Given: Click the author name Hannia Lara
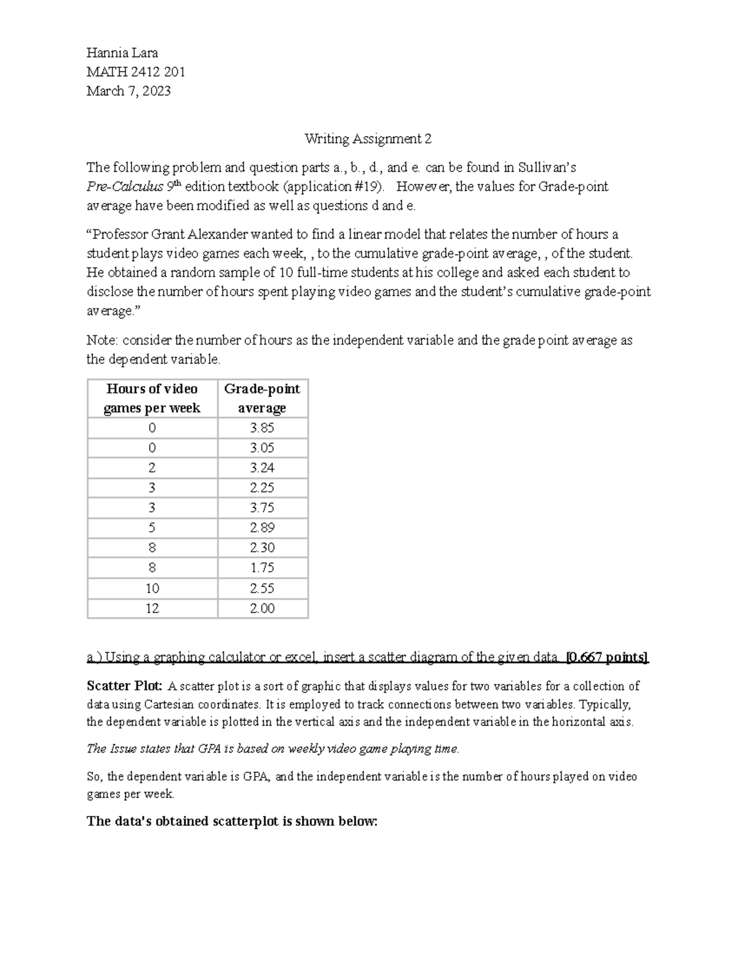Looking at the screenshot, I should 122,53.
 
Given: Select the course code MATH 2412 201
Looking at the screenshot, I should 136,72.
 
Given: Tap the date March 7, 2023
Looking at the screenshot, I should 129,91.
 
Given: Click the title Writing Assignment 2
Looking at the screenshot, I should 368,139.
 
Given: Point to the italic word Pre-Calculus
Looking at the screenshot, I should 125,187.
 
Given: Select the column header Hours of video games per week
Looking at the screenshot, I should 152,398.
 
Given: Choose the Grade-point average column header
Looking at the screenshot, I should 262,398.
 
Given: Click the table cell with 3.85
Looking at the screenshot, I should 262,428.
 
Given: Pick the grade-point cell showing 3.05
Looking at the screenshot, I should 262,448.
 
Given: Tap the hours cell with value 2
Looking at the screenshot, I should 152,468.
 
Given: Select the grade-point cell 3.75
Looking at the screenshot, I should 262,508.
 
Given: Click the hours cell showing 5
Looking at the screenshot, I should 152,528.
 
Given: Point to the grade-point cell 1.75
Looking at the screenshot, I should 262,568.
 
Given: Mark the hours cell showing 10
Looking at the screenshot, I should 152,588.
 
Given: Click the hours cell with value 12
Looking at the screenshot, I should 152,608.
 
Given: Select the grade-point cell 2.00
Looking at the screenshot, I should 262,608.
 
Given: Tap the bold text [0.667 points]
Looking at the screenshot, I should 606,657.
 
